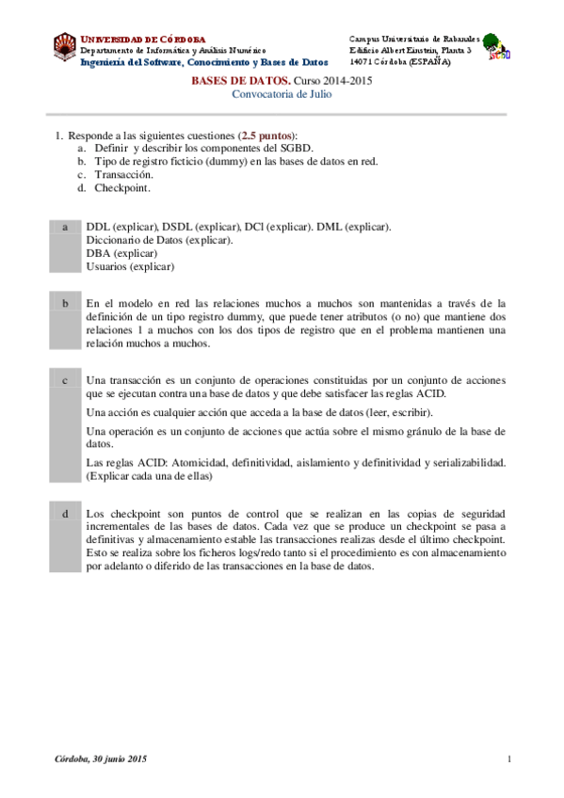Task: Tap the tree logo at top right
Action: (x=495, y=46)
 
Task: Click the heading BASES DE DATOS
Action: (x=234, y=82)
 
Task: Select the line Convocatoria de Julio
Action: (x=282, y=95)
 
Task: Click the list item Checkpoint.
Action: (x=121, y=186)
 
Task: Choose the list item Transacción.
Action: (x=123, y=174)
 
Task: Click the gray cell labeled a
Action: (x=65, y=247)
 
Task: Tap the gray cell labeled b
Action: (x=65, y=323)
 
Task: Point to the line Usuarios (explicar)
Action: (x=130, y=266)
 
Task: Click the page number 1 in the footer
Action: (x=508, y=758)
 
